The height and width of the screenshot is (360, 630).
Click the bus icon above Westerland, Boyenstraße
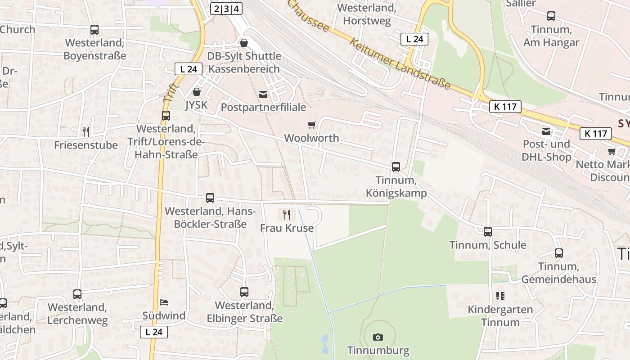tap(94, 30)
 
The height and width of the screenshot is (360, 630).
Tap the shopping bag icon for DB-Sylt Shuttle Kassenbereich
tap(244, 43)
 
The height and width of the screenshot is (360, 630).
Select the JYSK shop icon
tap(197, 92)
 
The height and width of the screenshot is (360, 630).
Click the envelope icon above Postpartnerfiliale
tap(263, 94)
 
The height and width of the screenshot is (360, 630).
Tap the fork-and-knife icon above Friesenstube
tap(86, 131)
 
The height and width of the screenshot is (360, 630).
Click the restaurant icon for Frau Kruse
tap(287, 214)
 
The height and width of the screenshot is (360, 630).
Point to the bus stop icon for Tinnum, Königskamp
tap(396, 167)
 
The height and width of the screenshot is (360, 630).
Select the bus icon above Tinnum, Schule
tap(488, 232)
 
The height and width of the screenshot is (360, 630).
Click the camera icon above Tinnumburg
tap(378, 337)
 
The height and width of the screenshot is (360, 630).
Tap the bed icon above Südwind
tap(164, 302)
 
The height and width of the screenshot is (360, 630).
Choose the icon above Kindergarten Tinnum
tap(500, 296)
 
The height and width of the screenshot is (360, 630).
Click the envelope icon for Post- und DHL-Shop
tap(546, 131)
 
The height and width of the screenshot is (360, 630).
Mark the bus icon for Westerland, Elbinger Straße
tap(244, 292)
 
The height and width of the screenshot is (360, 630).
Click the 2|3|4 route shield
tap(226, 8)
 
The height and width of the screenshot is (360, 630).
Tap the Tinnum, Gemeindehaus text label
tap(558, 273)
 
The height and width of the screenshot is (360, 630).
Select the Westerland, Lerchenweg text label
tap(77, 314)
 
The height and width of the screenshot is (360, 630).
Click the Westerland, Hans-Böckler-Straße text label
tap(210, 217)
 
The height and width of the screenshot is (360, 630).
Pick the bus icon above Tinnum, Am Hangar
tap(551, 16)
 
